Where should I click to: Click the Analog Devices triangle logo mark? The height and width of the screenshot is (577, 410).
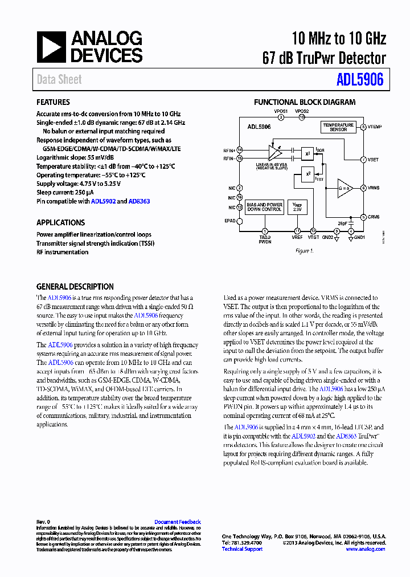click(x=51, y=47)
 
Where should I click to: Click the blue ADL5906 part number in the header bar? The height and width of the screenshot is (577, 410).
click(x=360, y=80)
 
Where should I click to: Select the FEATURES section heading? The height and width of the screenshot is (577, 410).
click(x=53, y=102)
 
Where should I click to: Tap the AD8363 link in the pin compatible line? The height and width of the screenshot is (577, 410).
click(x=139, y=201)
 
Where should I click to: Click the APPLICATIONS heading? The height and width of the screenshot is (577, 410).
click(x=60, y=222)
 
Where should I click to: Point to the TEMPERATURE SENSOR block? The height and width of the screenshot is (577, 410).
click(x=338, y=127)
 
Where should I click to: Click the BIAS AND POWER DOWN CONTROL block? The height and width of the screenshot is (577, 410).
click(x=264, y=206)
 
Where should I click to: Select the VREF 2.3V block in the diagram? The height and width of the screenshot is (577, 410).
click(x=297, y=206)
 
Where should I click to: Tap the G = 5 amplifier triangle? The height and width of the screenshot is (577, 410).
click(x=344, y=188)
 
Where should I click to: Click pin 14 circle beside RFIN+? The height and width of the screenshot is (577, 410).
click(x=240, y=150)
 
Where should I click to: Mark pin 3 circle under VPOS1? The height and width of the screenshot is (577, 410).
click(x=281, y=117)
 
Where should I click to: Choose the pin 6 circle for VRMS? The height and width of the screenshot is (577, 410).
click(x=363, y=188)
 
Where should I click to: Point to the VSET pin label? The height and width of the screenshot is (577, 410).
click(x=374, y=160)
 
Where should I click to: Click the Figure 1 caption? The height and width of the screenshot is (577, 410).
click(x=304, y=251)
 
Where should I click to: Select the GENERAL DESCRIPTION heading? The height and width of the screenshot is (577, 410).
click(x=75, y=287)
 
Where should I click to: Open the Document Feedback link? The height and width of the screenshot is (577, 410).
click(x=177, y=522)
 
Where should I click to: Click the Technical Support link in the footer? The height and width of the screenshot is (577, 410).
click(x=242, y=549)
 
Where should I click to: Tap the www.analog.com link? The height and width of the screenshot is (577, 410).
click(x=365, y=549)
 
